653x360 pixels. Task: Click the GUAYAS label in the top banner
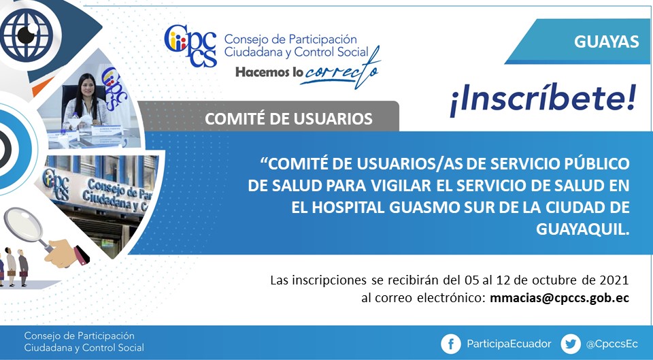click(606, 42)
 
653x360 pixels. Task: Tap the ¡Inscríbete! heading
click(543, 99)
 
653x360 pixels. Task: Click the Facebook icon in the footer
click(451, 344)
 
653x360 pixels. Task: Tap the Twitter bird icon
click(571, 344)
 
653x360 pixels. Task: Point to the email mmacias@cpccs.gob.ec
click(559, 298)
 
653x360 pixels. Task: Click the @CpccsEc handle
click(612, 344)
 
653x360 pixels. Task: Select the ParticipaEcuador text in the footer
click(509, 344)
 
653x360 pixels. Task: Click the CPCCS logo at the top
click(190, 46)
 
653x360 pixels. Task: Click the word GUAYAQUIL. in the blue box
click(582, 229)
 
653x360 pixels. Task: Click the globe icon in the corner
click(27, 35)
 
